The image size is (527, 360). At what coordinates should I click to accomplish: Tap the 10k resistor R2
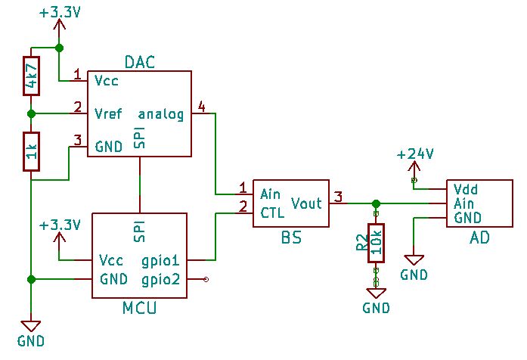point(375,243)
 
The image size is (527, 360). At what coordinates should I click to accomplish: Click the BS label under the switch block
point(291,238)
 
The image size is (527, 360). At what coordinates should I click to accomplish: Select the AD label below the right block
point(479,238)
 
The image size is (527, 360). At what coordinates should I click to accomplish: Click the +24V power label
point(415,154)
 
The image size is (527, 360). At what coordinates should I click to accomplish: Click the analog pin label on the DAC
point(161,115)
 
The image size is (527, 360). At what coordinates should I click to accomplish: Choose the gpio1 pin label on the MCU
point(161,260)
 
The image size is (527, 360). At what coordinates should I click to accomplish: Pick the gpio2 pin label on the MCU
point(161,280)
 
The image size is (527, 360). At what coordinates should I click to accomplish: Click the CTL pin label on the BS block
point(272,212)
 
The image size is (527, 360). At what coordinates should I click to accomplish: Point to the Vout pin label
point(306,203)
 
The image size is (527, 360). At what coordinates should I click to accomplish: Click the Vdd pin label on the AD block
point(466,189)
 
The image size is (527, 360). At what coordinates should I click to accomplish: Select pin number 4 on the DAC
point(200,105)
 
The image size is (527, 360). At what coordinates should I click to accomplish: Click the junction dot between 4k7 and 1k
point(31,114)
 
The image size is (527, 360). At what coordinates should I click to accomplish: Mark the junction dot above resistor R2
point(375,203)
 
